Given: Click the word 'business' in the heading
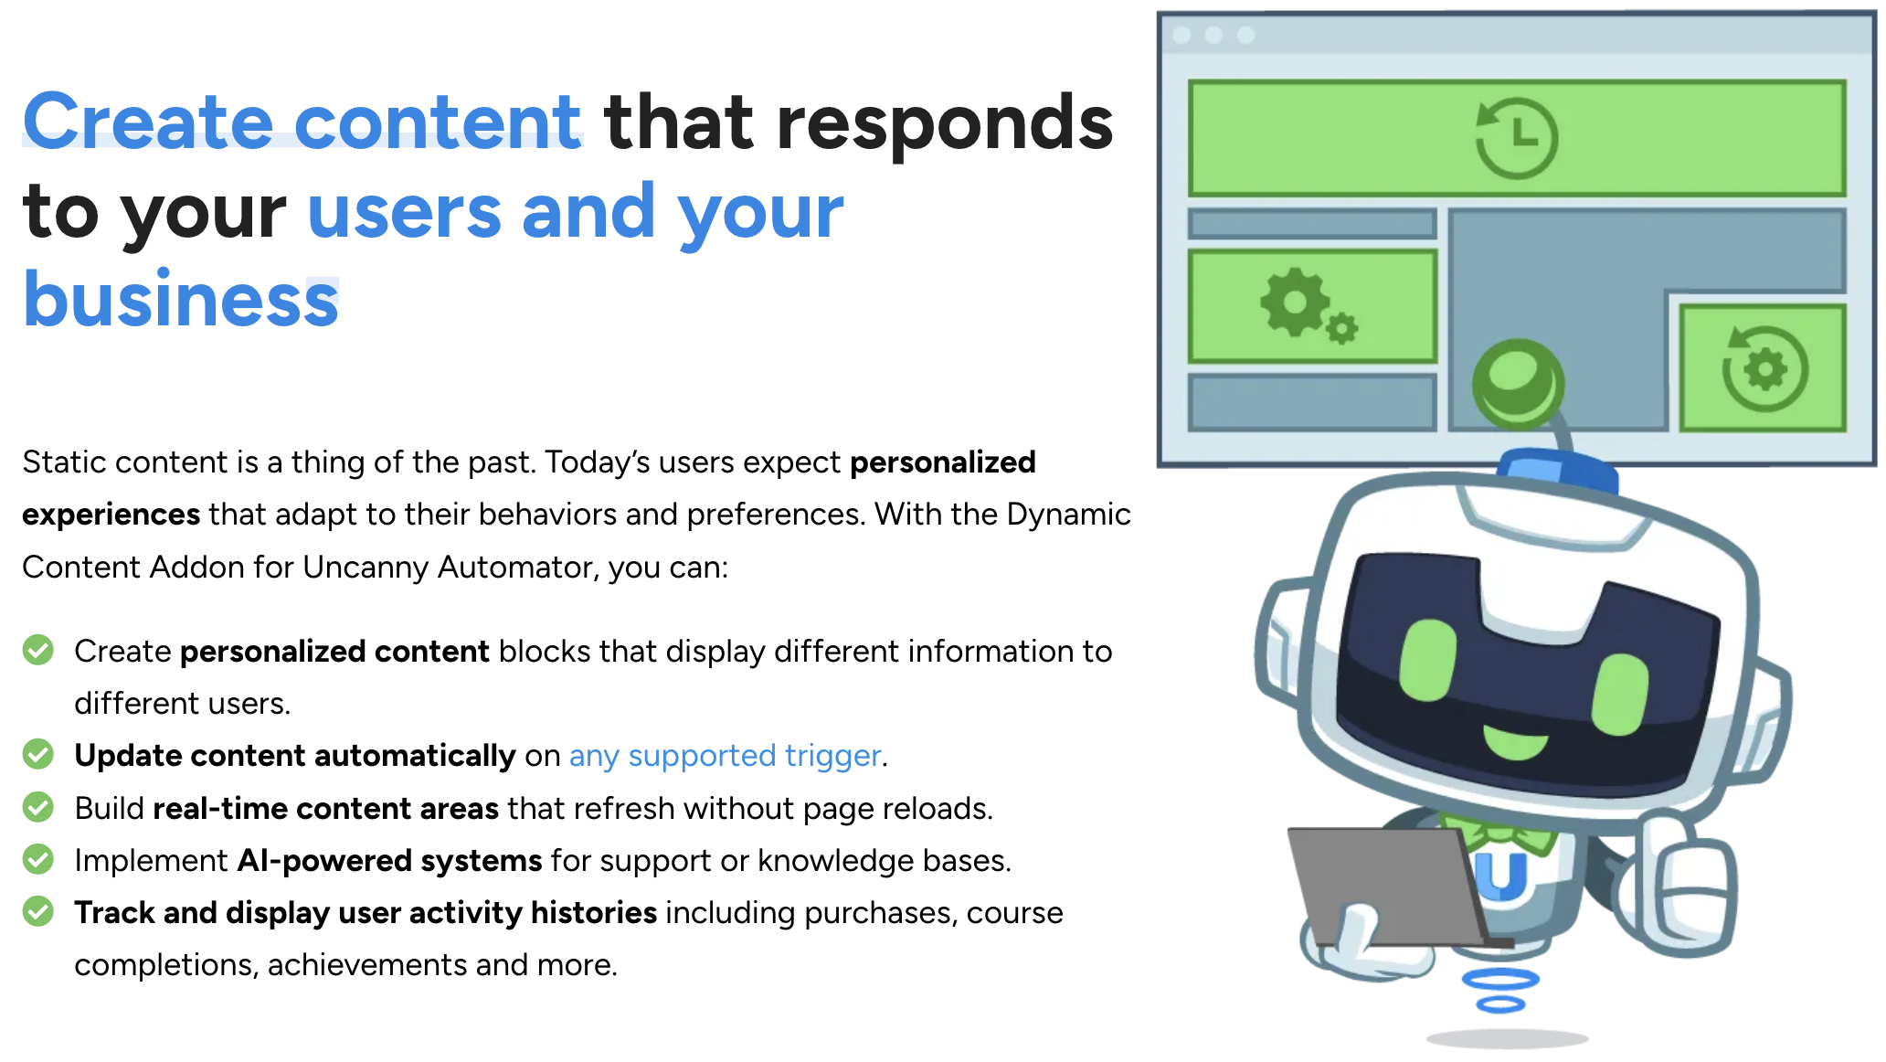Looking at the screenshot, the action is pyautogui.click(x=181, y=300).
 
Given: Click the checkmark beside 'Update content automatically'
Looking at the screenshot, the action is pyautogui.click(x=38, y=754).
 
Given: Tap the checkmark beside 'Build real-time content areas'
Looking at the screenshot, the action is pyautogui.click(x=38, y=807).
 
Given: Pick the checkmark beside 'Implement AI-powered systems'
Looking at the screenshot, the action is pyautogui.click(x=38, y=859).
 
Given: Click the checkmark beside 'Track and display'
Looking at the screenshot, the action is pyautogui.click(x=38, y=911).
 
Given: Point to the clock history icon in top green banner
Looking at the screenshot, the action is pyautogui.click(x=1516, y=137).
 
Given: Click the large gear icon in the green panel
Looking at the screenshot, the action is pyautogui.click(x=1295, y=303).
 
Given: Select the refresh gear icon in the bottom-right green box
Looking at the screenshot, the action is pyautogui.click(x=1764, y=368).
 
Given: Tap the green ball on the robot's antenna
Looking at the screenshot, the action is pyautogui.click(x=1517, y=383).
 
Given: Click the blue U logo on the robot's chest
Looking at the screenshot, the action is pyautogui.click(x=1500, y=876).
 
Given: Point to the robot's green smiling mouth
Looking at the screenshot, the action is pyautogui.click(x=1516, y=741).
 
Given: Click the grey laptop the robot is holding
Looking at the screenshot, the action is pyautogui.click(x=1387, y=887).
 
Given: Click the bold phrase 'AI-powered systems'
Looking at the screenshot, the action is pyautogui.click(x=389, y=861).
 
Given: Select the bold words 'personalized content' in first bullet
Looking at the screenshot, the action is pyautogui.click(x=334, y=652).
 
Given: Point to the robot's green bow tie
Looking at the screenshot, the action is pyautogui.click(x=1499, y=833).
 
